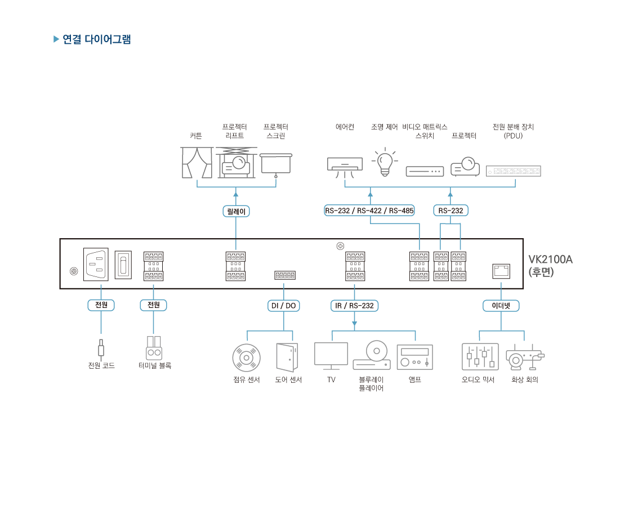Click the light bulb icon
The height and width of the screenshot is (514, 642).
tap(385, 162)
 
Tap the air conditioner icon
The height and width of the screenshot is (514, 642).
tap(345, 164)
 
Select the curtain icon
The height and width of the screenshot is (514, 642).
tap(197, 162)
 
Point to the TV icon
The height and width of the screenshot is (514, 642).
tap(331, 355)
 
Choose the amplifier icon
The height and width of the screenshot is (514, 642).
tap(414, 357)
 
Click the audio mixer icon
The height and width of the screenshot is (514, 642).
tap(480, 356)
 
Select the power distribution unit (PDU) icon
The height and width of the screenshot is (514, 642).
tap(513, 171)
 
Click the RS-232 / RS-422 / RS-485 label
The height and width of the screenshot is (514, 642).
tap(369, 211)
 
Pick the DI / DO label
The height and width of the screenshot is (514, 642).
tap(283, 306)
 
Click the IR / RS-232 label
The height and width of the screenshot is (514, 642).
tap(354, 306)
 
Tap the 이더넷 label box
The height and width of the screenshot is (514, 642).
tap(501, 306)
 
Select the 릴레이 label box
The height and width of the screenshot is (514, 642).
tap(236, 211)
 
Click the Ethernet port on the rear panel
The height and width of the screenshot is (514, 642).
tap(501, 271)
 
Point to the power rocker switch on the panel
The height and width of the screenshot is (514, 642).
tap(123, 265)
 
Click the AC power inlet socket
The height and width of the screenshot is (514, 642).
tap(96, 264)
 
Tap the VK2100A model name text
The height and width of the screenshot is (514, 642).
tap(550, 260)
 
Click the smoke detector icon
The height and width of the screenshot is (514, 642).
tap(246, 357)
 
